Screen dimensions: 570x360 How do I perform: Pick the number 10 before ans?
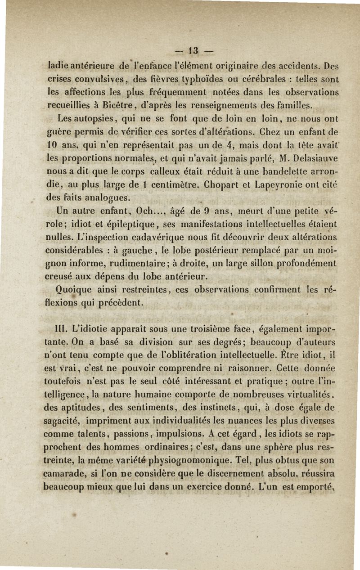tap(53, 145)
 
